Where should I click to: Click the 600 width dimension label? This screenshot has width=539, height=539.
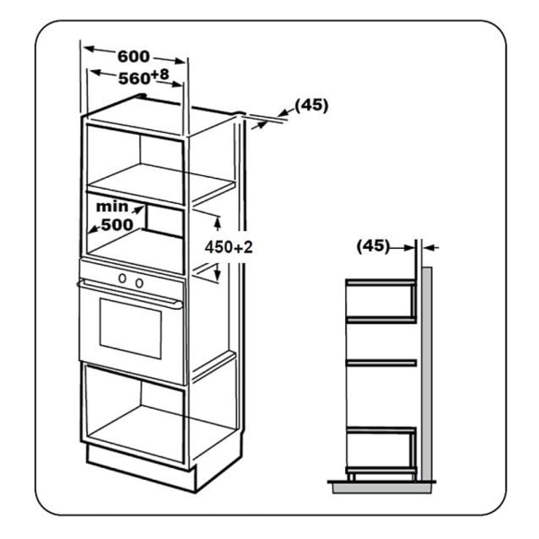(133, 57)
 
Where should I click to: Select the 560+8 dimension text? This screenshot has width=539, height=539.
(144, 77)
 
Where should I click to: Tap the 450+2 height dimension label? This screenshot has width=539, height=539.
(228, 247)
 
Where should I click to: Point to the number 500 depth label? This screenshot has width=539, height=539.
(117, 225)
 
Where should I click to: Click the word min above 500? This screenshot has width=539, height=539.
(112, 207)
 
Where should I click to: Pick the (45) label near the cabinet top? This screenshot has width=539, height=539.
(312, 105)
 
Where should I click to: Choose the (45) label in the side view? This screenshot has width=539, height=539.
(373, 246)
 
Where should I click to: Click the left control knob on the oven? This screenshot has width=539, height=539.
(122, 278)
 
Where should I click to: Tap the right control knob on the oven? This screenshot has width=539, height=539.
(139, 283)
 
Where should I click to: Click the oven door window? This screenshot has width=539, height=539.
(130, 328)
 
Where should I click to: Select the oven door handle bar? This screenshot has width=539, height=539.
(130, 295)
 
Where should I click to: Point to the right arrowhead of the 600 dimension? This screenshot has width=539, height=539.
(180, 61)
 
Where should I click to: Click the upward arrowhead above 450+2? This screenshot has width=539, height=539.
(216, 223)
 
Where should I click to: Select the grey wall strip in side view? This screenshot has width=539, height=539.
(427, 374)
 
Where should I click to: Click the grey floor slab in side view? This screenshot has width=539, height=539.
(382, 489)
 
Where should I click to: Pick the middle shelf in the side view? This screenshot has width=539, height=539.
(381, 363)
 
